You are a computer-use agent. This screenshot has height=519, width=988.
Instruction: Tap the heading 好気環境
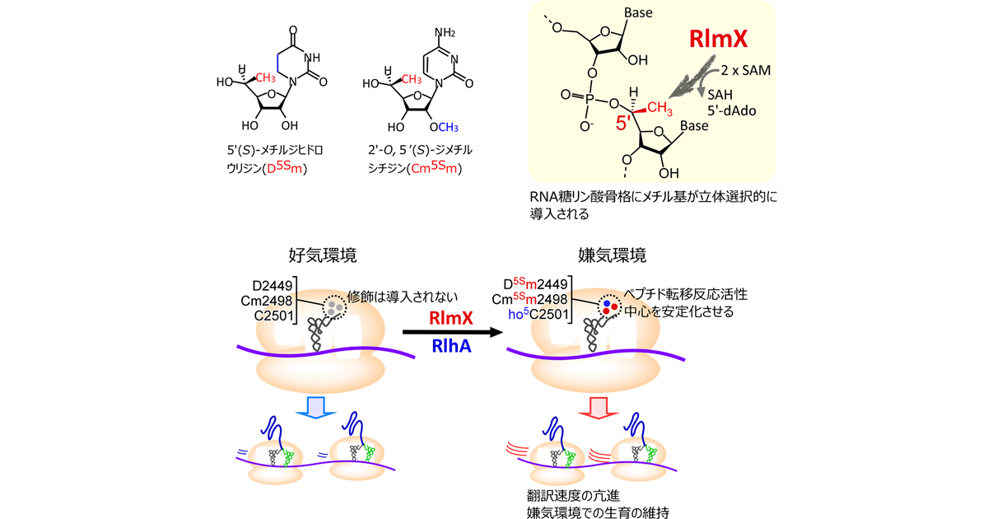(x=322, y=255)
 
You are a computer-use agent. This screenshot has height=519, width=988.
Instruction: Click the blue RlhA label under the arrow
(x=451, y=348)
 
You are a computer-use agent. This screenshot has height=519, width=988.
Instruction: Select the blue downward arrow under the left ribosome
(x=316, y=406)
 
